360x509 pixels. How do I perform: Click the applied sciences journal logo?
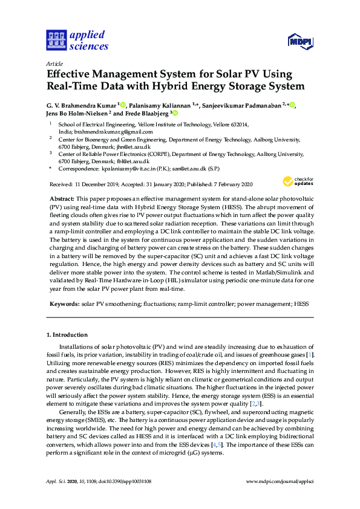77,40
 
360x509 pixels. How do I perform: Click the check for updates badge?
296,181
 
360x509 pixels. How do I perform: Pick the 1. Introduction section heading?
67,334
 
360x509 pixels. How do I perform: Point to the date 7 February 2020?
231,184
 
